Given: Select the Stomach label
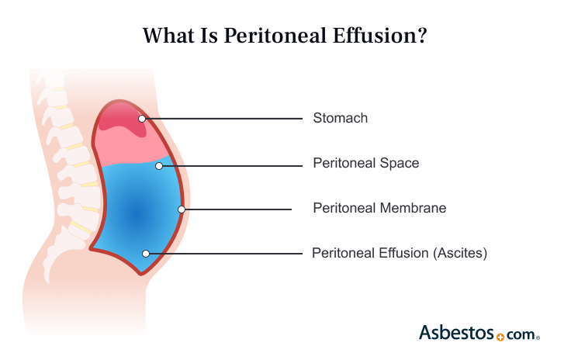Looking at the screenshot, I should point(340,119).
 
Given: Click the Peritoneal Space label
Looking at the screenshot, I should point(365,164).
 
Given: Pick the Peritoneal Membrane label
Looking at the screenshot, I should point(379,208).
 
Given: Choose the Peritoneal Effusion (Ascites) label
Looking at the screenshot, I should point(399,253).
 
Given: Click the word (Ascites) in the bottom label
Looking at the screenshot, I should point(462,253).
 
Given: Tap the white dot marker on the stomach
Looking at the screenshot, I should point(142,119).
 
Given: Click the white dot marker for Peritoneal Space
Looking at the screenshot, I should point(159,165).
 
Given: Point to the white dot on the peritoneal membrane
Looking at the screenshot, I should point(182,209).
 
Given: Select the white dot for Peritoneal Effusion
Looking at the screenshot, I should point(145,253).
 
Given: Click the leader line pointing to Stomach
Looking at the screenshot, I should point(225,119).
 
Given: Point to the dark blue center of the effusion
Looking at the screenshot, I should point(136,214).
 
